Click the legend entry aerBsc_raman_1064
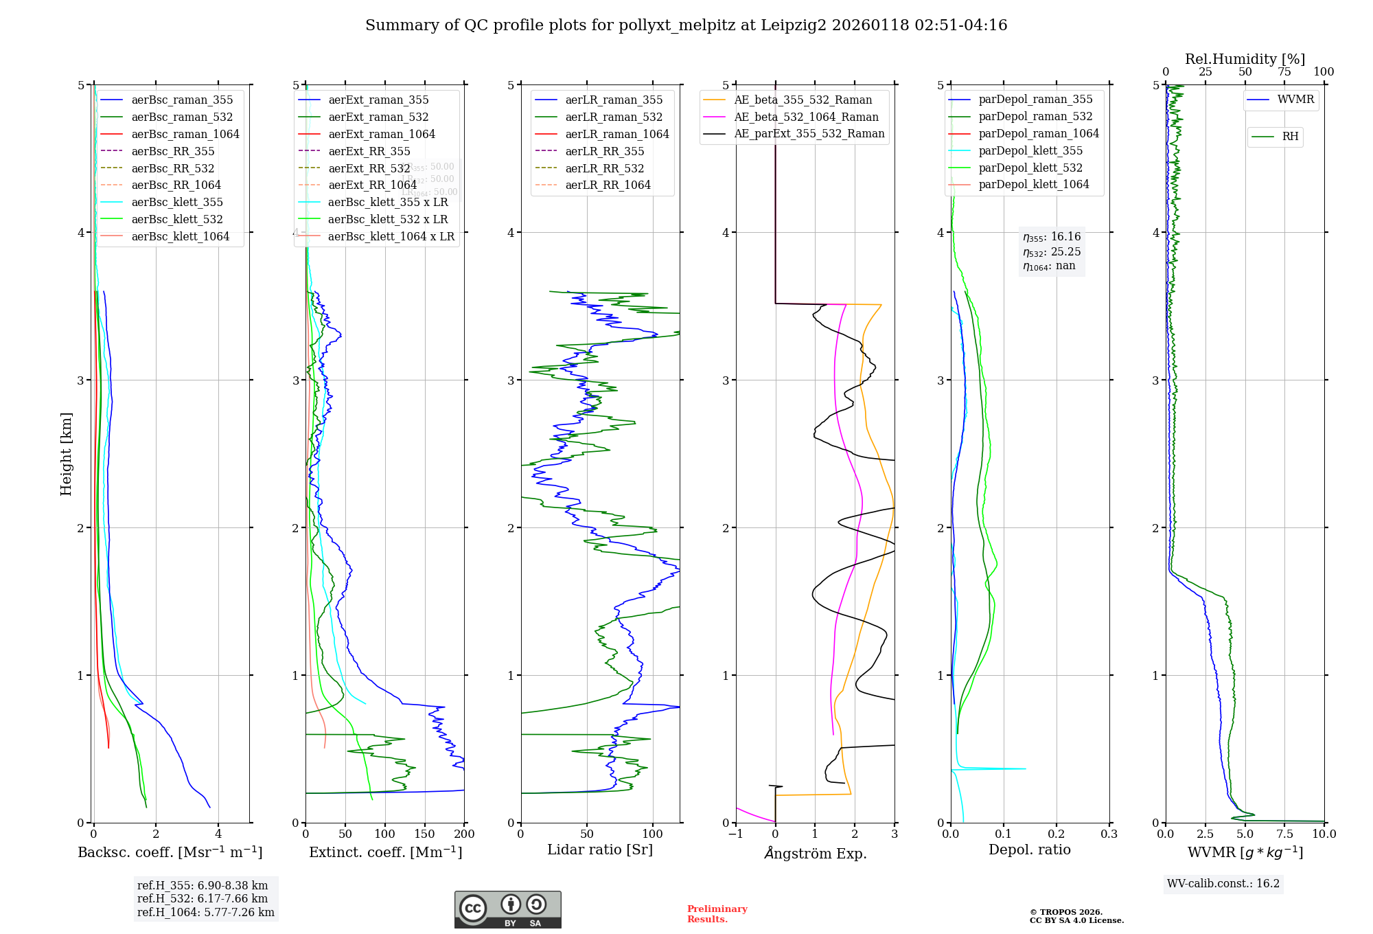(x=185, y=134)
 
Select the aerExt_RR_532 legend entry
(x=369, y=168)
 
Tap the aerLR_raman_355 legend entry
(x=614, y=100)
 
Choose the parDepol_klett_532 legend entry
(x=1030, y=168)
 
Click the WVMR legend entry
(x=1295, y=100)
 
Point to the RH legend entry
(x=1290, y=137)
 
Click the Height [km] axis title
(x=66, y=454)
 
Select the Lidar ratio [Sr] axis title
(x=600, y=850)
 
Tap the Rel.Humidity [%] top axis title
(x=1245, y=59)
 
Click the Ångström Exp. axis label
(x=815, y=854)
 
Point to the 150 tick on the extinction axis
(x=424, y=834)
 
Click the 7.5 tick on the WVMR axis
(x=1284, y=834)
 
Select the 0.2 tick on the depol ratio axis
(x=1057, y=834)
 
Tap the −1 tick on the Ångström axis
(x=735, y=834)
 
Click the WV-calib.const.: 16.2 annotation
(x=1223, y=883)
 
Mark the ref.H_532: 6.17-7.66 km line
(x=203, y=898)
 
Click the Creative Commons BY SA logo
(x=507, y=909)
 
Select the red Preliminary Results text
(x=717, y=914)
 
